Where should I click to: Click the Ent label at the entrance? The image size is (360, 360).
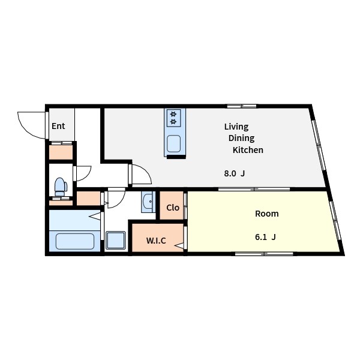58,126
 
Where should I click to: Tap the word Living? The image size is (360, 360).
236,127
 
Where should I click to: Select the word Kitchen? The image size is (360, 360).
248,150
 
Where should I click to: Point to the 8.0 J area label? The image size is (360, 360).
235,173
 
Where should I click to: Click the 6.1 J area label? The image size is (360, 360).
265,237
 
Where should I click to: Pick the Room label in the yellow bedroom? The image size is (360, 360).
267,214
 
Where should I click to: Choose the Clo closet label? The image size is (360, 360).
173,208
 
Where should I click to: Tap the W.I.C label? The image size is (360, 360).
156,241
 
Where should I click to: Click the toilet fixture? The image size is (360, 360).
61,187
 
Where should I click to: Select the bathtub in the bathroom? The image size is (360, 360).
75,241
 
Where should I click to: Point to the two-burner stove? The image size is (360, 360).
173,118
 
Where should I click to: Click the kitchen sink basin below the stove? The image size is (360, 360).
173,144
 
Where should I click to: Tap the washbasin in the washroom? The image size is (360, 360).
148,202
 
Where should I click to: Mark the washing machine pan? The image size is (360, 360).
116,240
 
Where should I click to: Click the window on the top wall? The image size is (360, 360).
242,106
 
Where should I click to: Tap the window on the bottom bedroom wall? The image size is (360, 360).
264,254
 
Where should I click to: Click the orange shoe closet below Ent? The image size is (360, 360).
61,152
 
